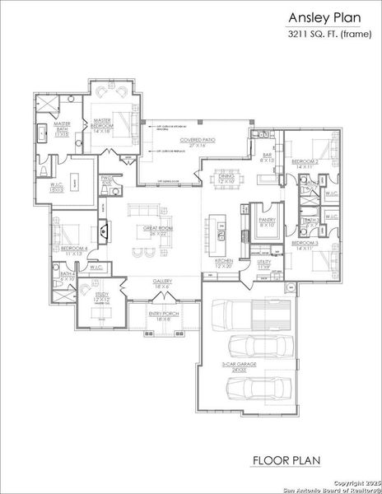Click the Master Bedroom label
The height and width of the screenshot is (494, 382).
[104, 126]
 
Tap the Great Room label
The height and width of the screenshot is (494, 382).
[158, 231]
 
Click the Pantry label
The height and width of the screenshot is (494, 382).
[268, 221]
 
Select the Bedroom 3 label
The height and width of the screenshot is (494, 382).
[305, 245]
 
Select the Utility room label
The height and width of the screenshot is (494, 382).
[264, 265]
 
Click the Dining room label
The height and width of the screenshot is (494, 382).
[227, 176]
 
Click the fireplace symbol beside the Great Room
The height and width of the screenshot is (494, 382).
[104, 229]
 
